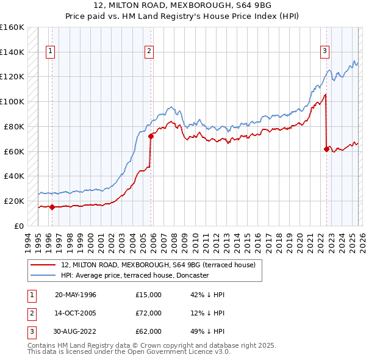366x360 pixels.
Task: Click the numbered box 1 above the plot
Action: click(49, 51)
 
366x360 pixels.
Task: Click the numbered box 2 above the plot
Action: click(149, 51)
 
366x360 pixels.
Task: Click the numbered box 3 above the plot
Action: click(325, 51)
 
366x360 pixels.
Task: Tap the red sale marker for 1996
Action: click(52, 207)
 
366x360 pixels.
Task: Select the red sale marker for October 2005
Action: click(151, 136)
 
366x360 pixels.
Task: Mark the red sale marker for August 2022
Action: click(326, 148)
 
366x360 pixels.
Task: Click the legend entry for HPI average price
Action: click(135, 275)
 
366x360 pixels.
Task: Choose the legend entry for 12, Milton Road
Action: click(162, 265)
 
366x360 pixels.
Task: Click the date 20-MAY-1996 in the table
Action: click(76, 295)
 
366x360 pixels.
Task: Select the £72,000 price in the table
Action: click(149, 313)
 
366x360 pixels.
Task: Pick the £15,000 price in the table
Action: click(149, 295)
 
